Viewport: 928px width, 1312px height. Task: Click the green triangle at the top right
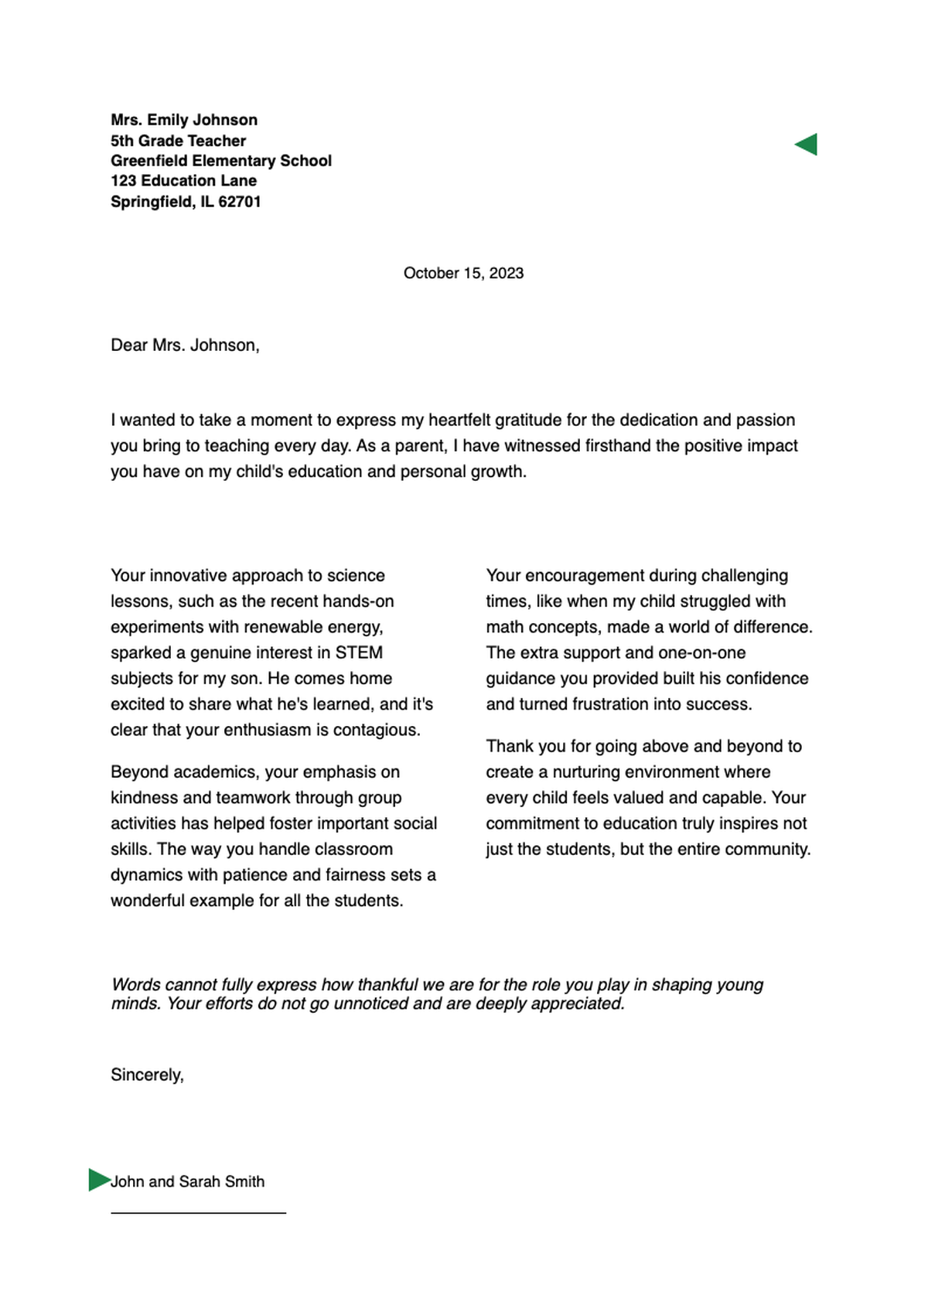pos(808,145)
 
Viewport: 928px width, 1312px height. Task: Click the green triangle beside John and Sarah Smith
pos(97,1180)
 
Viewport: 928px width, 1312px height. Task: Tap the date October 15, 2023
pos(463,273)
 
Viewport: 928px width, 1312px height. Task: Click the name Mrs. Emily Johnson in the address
pos(184,120)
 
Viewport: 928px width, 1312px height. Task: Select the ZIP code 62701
pos(240,202)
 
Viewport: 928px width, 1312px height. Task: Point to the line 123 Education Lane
pos(183,181)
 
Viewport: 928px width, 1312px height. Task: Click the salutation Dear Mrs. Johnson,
pos(185,345)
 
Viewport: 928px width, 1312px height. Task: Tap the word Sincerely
pos(146,1075)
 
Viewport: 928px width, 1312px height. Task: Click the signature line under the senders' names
pos(198,1213)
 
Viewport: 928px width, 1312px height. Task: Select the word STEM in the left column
pos(359,653)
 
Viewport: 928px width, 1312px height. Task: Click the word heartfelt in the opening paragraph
pos(460,420)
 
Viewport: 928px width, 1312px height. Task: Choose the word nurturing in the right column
pos(589,772)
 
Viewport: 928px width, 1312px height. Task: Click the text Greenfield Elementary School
pos(221,161)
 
